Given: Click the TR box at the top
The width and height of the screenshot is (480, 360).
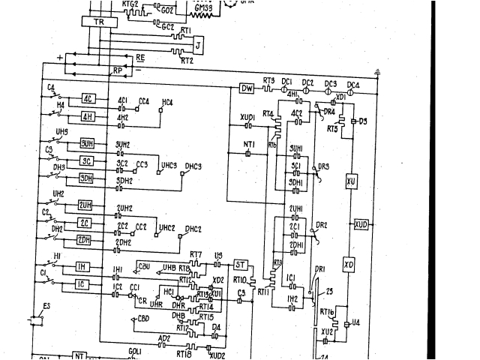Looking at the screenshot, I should tap(98, 22).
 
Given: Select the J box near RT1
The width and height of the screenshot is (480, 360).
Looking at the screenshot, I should tap(198, 45).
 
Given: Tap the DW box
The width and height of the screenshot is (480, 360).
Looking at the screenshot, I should tap(247, 88).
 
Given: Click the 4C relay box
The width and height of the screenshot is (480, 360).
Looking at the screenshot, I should tap(88, 99).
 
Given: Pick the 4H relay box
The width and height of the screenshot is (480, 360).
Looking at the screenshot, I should tap(88, 117).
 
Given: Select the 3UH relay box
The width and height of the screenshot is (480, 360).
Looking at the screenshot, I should tap(87, 143).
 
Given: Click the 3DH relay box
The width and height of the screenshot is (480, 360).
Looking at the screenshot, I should tap(87, 178).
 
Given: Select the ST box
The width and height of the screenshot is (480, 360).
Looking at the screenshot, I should tap(240, 265).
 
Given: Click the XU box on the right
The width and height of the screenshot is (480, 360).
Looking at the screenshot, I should tap(350, 181).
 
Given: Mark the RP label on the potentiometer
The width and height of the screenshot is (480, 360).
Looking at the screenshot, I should tap(117, 70).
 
